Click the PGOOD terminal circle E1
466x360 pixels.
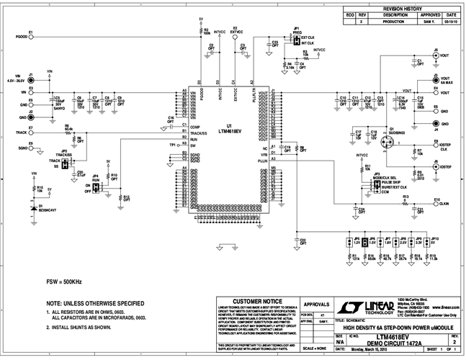pyautogui.click(x=30, y=35)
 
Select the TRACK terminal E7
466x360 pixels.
pyautogui.click(x=30, y=133)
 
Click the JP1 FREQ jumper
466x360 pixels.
pyautogui.click(x=296, y=42)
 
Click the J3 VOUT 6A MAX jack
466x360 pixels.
pyautogui.click(x=436, y=78)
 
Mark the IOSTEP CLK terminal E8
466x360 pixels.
pyautogui.click(x=435, y=145)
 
